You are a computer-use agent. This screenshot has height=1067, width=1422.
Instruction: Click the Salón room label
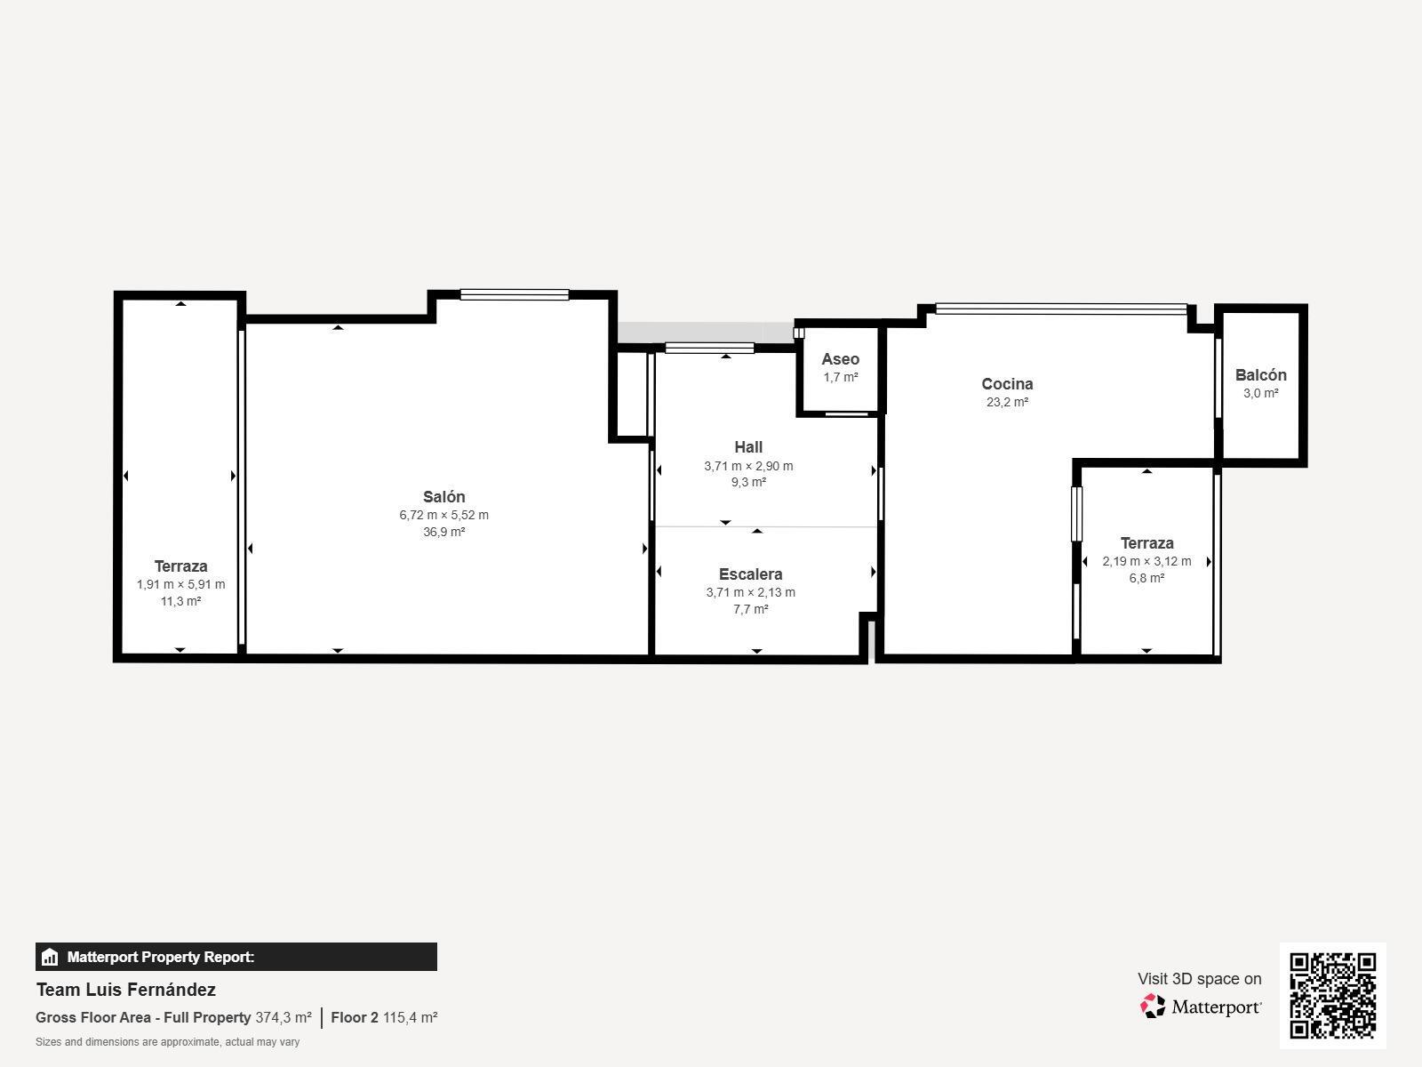click(x=443, y=497)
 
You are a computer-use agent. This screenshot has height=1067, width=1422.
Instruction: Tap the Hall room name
click(x=748, y=447)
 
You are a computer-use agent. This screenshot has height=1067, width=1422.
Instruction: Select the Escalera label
click(x=750, y=574)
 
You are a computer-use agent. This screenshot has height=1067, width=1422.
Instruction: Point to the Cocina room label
click(x=1007, y=383)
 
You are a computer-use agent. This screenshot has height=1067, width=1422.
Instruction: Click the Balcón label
click(x=1260, y=374)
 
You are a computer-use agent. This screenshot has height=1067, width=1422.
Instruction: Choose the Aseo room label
click(x=840, y=359)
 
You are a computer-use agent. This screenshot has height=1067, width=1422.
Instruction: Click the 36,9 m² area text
click(x=443, y=532)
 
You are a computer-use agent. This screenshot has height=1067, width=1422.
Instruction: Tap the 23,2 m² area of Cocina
click(x=1007, y=402)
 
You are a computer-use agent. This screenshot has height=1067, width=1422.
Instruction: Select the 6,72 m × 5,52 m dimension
click(x=443, y=515)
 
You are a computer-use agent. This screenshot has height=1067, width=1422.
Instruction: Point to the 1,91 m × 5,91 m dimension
click(x=180, y=584)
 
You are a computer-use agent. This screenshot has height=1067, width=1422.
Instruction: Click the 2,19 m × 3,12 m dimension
click(x=1146, y=561)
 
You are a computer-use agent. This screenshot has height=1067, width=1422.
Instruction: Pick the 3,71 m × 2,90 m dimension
click(x=748, y=466)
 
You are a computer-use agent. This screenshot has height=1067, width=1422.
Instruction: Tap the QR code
click(x=1332, y=996)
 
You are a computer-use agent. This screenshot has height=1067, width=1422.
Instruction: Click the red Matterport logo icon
click(x=1153, y=1007)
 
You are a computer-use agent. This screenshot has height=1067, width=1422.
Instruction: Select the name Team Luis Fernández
click(x=125, y=990)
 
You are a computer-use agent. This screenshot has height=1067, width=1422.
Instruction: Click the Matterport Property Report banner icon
click(x=50, y=957)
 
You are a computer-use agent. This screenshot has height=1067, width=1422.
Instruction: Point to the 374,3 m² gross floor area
click(x=284, y=1018)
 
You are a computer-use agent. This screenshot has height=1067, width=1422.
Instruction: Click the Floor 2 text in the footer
click(x=355, y=1018)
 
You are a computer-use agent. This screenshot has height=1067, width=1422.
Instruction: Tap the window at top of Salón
click(x=515, y=295)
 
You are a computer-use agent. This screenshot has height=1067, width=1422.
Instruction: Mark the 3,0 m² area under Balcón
click(x=1260, y=393)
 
